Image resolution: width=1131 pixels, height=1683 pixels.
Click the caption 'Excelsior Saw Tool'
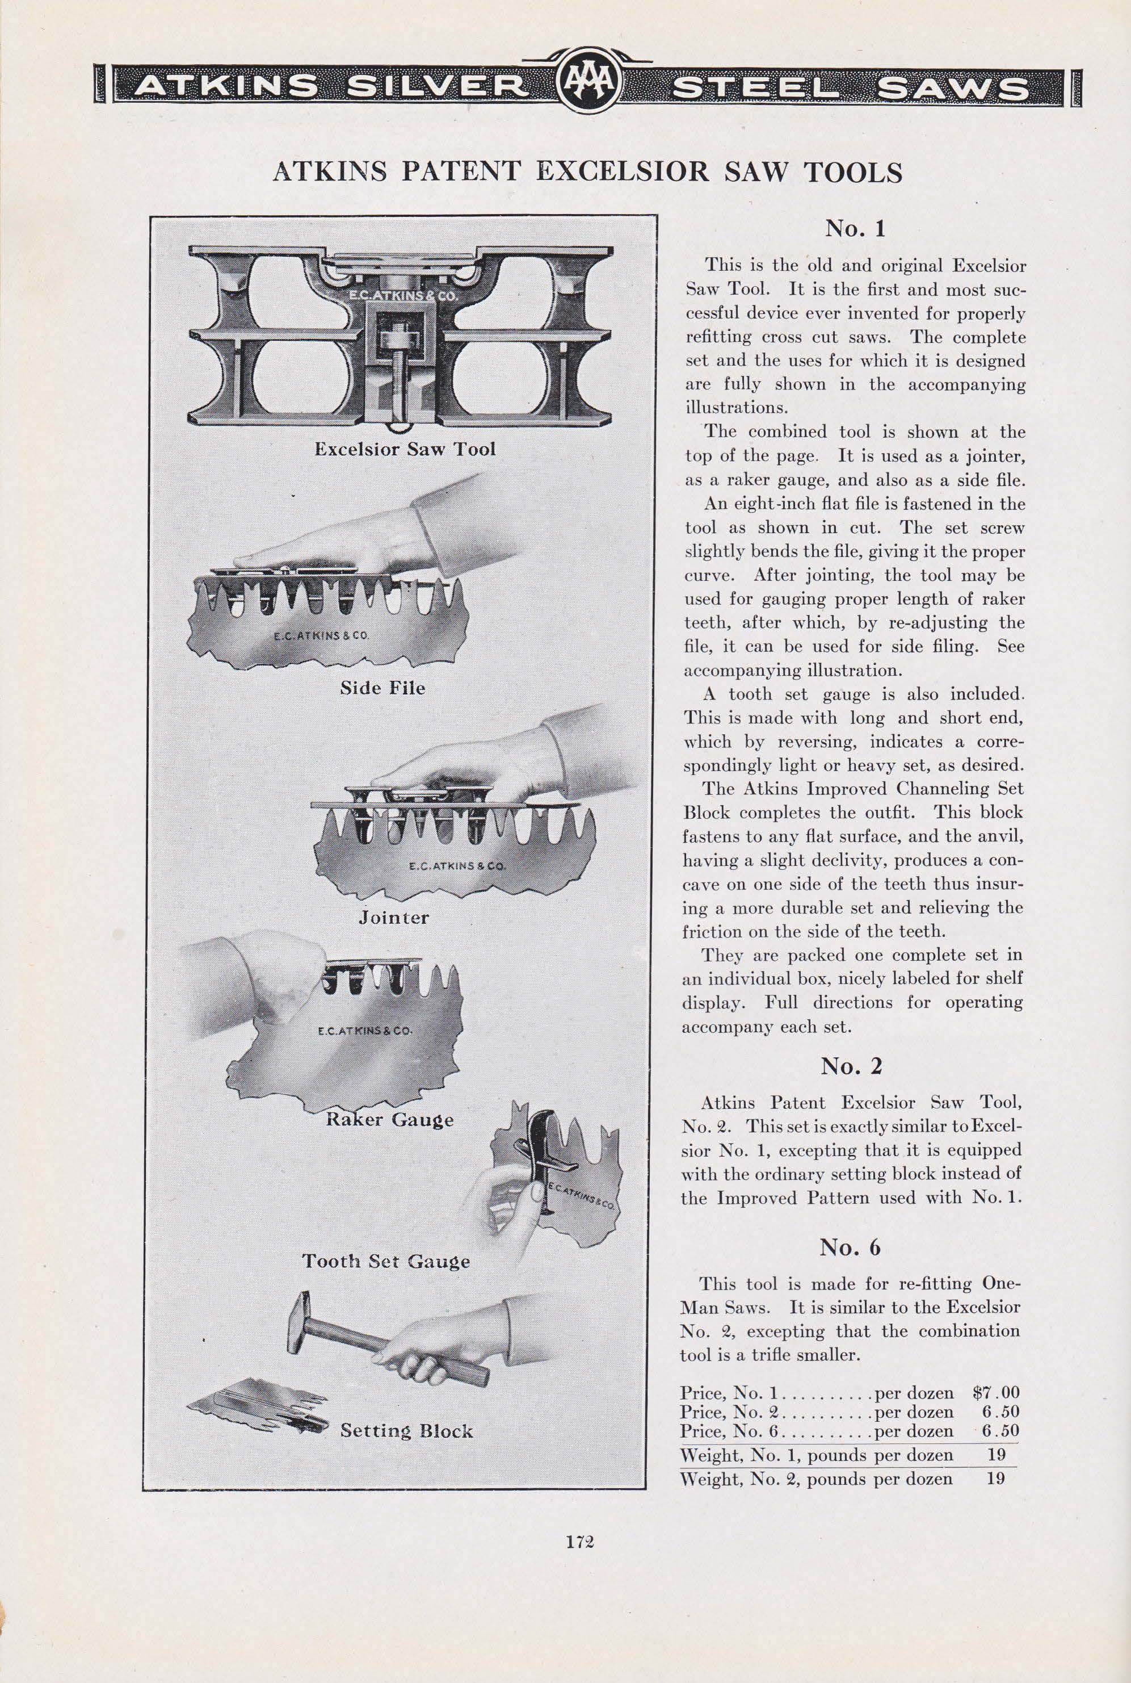coord(405,449)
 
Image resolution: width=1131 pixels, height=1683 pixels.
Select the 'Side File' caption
coord(382,687)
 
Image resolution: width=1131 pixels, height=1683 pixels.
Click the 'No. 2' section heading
coord(851,1067)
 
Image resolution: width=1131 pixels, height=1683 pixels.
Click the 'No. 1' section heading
coord(855,229)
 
